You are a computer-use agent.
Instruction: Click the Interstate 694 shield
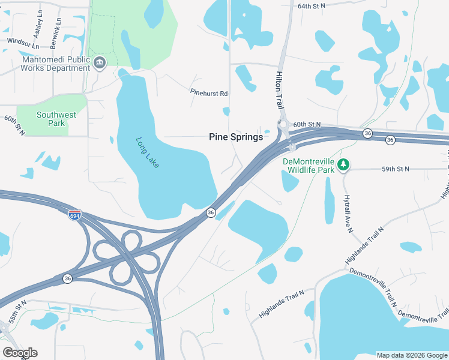[75, 215]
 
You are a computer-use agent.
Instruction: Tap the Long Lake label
[148, 153]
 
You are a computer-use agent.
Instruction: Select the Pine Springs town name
[236, 137]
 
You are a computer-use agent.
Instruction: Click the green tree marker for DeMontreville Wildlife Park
[343, 164]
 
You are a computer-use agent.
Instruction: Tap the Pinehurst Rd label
[208, 94]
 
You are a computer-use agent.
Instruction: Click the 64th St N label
[311, 5]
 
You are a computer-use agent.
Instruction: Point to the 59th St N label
[395, 169]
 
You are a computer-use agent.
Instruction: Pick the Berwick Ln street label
[58, 25]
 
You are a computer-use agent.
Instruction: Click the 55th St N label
[16, 313]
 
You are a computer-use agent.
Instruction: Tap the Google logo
[20, 353]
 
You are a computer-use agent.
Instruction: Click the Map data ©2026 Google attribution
[411, 355]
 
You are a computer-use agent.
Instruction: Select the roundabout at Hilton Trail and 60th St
[283, 124]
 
